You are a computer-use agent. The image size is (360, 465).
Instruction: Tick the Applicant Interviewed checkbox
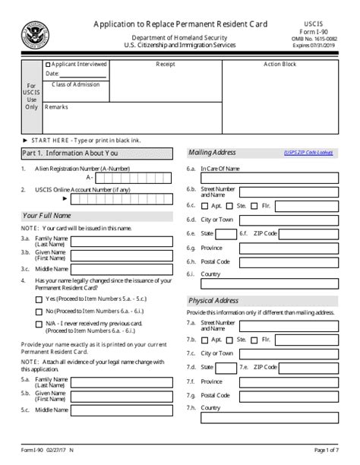tap(49, 65)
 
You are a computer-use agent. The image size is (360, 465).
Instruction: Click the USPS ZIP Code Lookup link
tap(308, 153)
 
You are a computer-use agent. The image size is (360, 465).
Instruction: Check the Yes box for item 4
tap(39, 299)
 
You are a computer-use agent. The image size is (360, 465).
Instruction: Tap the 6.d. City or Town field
tap(288, 220)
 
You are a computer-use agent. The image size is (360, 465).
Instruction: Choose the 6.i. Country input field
tap(288, 274)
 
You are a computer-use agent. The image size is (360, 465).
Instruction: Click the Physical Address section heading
tap(213, 301)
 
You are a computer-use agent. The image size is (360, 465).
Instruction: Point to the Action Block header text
tap(279, 65)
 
